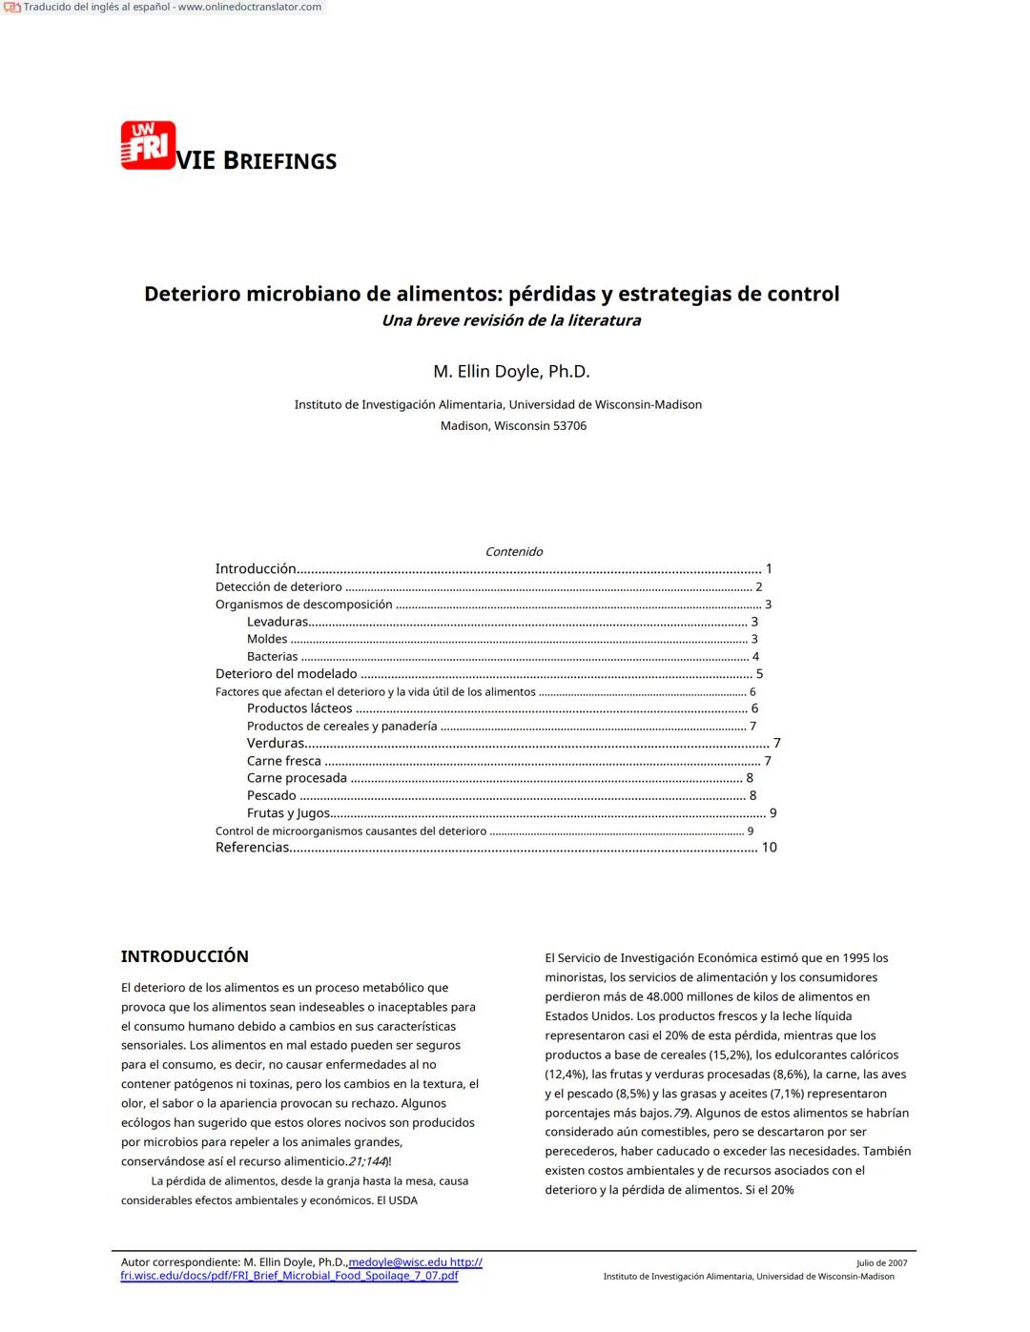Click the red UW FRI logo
pos(148,145)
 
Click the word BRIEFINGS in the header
pos(279,161)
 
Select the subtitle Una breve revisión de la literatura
pos(511,320)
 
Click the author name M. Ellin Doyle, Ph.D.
pos(511,372)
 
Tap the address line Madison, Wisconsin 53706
pos(513,426)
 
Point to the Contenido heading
pos(513,552)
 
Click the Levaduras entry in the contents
pos(277,622)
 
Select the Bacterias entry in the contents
pos(272,657)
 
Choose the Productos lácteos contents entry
pos(299,708)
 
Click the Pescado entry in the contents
pos(271,795)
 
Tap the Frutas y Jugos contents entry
pos(288,813)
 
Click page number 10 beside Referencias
pos(769,848)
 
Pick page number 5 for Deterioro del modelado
pos(759,674)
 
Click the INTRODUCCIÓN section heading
pos(184,956)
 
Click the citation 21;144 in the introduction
pos(367,1162)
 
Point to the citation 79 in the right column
pos(680,1114)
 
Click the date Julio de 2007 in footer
pos(881,1263)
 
